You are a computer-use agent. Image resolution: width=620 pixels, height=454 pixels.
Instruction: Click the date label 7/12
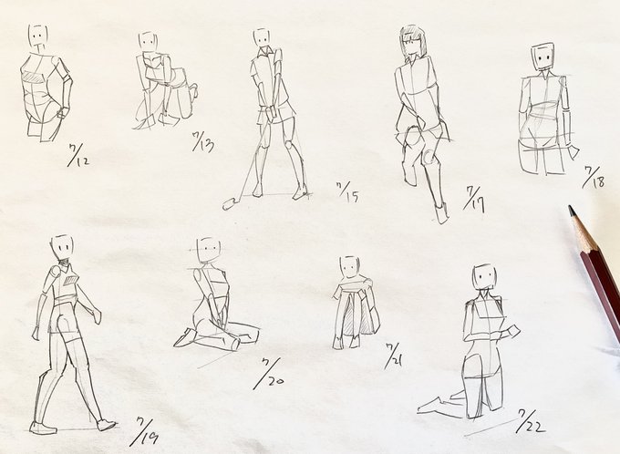tap(77, 155)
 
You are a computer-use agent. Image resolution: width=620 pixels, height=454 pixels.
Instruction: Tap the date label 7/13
tap(202, 141)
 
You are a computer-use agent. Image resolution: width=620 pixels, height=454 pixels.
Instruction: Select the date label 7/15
tap(348, 192)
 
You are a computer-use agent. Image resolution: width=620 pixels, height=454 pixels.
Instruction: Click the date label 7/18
tap(594, 177)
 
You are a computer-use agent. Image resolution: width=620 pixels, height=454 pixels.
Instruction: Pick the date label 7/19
tap(144, 431)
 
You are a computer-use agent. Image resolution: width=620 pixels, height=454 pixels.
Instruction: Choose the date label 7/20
tap(268, 374)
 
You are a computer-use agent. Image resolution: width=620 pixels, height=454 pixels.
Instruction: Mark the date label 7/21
tap(394, 356)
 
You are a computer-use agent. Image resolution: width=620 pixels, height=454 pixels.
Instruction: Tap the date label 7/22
tap(530, 421)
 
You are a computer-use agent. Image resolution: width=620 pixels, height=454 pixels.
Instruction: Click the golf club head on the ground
tap(230, 204)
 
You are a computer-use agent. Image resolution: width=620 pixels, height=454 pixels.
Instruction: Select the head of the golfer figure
tap(262, 38)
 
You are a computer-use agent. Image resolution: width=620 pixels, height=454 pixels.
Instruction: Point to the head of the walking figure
tap(63, 247)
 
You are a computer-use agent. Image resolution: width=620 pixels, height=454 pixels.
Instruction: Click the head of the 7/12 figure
tap(38, 36)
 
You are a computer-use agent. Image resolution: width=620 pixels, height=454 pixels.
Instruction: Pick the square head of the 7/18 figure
tap(542, 57)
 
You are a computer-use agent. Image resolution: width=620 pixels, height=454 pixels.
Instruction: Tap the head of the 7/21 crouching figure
tap(349, 266)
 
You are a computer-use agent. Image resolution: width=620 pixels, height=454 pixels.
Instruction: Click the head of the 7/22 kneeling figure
tap(484, 277)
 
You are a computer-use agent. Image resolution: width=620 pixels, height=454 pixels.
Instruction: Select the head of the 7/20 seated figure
tap(209, 250)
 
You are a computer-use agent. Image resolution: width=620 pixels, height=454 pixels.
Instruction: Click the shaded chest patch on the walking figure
tap(71, 281)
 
